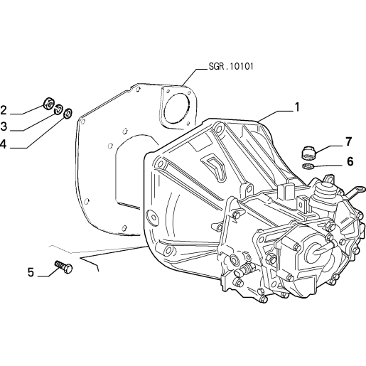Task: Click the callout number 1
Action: pos(296,107)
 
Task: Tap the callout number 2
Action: pos(4,110)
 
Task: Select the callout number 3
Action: pos(4,127)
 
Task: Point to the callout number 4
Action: pos(3,144)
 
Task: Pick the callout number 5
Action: pos(31,272)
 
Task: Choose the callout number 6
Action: pos(350,161)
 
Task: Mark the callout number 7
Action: pos(349,141)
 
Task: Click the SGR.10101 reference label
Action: pos(231,66)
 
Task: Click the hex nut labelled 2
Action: pos(48,103)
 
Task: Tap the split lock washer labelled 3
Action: pos(58,109)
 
